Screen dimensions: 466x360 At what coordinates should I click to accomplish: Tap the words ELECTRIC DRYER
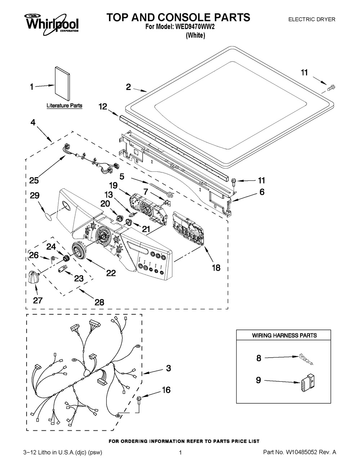coord(312,19)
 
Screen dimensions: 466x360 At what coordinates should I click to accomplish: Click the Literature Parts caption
coord(64,106)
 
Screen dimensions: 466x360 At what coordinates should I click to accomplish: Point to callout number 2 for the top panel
coord(128,86)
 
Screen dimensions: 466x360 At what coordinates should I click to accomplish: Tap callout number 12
coord(103,106)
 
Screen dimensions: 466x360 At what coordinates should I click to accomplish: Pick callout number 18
coord(215,268)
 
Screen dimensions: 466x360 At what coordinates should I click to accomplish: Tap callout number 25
coord(35,180)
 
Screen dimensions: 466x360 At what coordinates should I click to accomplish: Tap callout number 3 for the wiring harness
coord(168,368)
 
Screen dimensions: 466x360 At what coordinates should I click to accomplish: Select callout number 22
coord(111,273)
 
